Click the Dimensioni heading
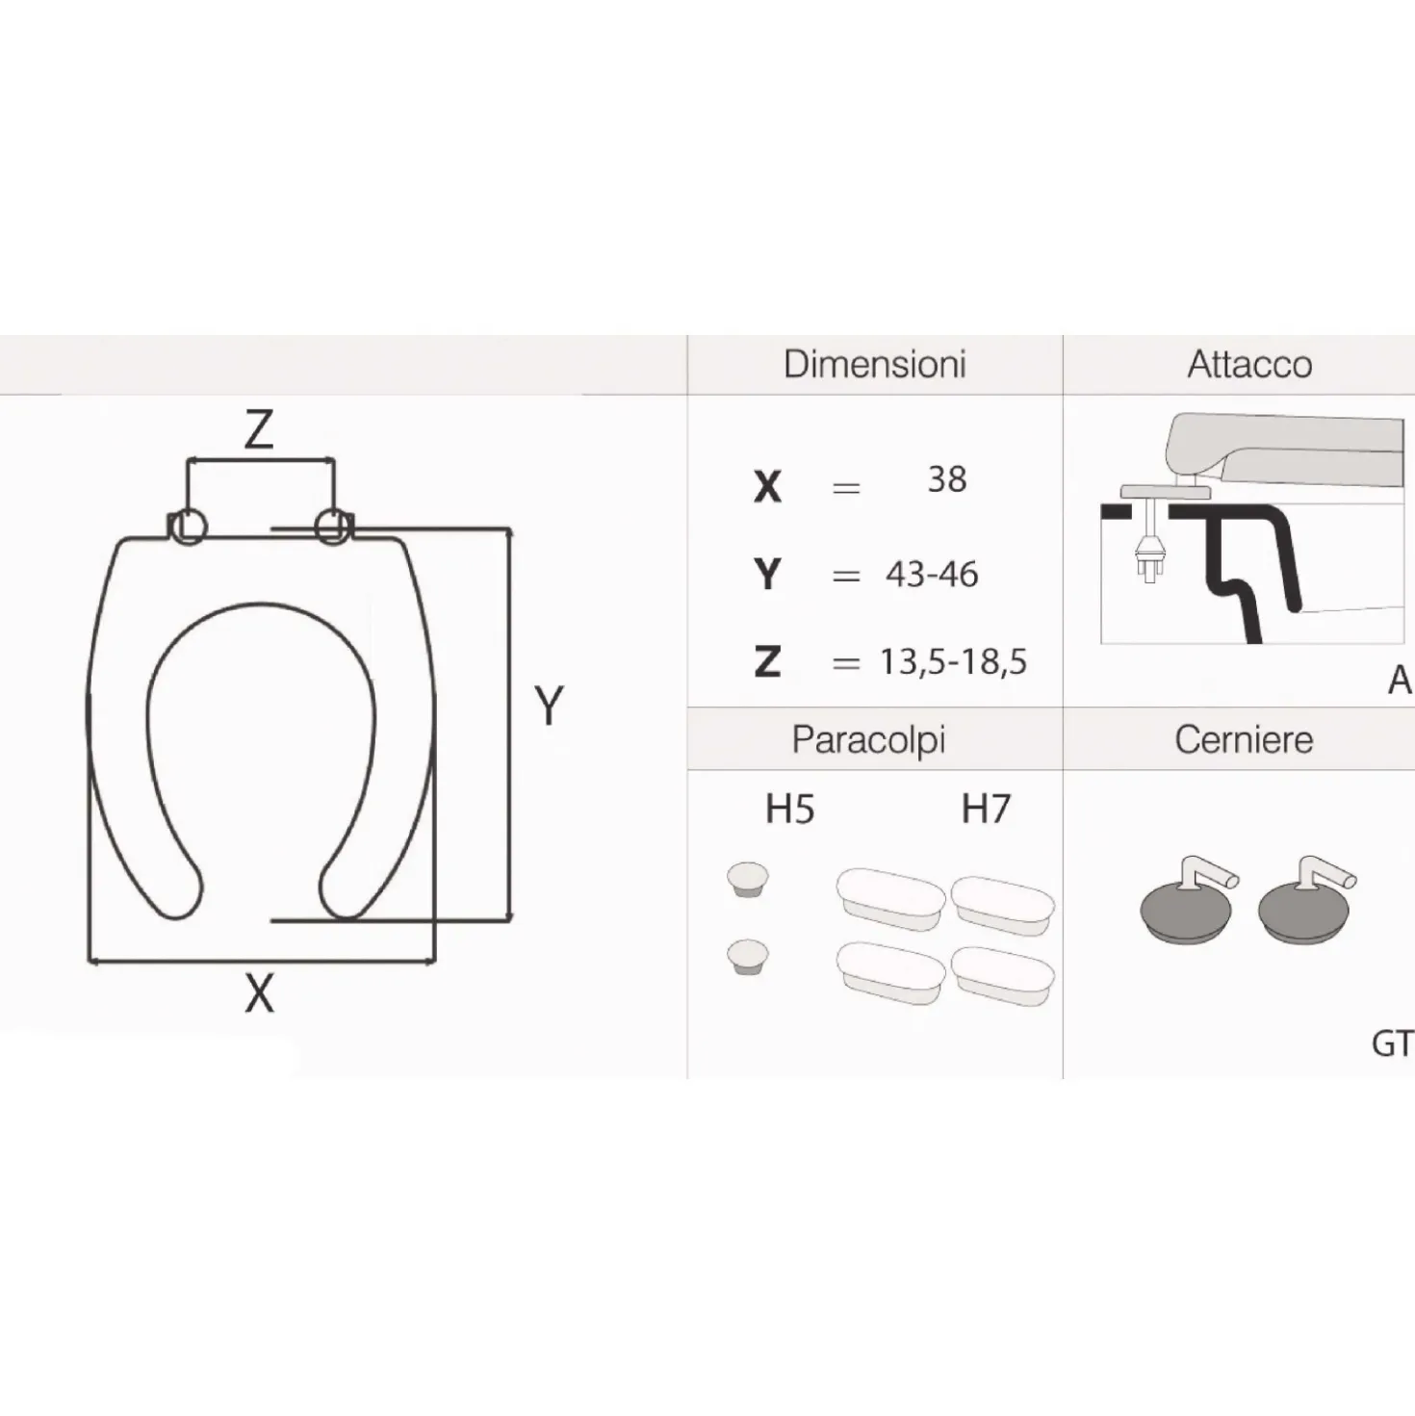point(875,365)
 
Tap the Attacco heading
point(1249,365)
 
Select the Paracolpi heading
point(868,740)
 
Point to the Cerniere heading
point(1244,739)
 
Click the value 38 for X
point(947,479)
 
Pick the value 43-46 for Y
point(932,574)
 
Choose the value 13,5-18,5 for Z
point(953,662)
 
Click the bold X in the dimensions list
point(767,486)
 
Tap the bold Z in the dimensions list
point(767,661)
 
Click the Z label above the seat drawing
point(259,429)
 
